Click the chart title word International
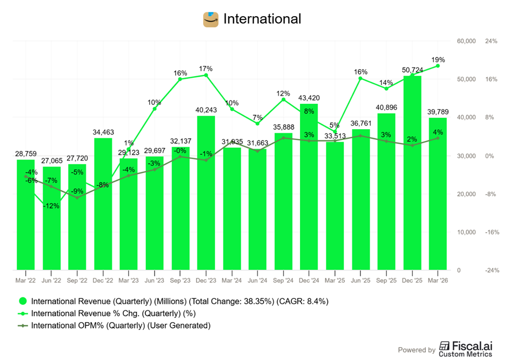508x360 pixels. point(262,19)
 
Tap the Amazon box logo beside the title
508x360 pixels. point(211,19)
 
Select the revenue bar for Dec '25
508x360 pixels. point(412,173)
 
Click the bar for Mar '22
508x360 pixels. point(25,215)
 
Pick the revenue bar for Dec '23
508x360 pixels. point(206,193)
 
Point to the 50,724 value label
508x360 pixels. point(412,70)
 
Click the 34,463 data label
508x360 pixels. point(103,132)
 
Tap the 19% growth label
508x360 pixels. point(438,60)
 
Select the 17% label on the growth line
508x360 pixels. point(206,69)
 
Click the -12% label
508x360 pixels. point(51,206)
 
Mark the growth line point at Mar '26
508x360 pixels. point(438,66)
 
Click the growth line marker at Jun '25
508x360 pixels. point(360,78)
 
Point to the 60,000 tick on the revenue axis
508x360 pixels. point(466,41)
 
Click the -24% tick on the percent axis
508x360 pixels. point(492,270)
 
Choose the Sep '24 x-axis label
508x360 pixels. point(283,281)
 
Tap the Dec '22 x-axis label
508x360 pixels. point(103,281)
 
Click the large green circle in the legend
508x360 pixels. point(23,301)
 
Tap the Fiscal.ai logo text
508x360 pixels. point(465,349)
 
